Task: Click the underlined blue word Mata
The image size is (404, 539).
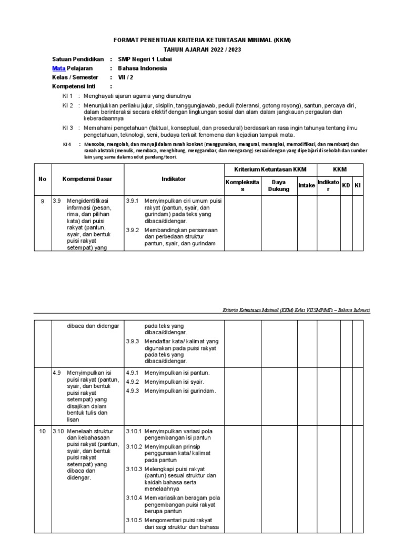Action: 58,68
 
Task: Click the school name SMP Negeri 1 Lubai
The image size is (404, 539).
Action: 145,59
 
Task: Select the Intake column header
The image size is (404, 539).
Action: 307,185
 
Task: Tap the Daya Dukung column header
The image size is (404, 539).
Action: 279,185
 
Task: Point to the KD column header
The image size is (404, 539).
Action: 346,185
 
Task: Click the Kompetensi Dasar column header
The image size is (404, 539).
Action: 87,179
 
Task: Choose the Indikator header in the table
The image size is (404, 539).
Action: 174,179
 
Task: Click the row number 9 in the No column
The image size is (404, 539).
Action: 43,201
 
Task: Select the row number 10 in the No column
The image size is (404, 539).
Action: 43,432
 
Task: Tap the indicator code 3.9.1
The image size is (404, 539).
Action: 132,201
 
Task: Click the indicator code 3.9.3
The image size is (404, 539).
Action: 132,342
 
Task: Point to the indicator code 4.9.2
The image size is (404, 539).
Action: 132,382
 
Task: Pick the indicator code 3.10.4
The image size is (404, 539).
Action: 134,498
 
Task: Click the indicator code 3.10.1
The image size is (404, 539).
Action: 134,432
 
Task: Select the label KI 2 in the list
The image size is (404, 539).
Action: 67,106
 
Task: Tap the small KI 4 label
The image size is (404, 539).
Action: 67,144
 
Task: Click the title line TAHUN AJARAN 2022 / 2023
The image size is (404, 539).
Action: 202,49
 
